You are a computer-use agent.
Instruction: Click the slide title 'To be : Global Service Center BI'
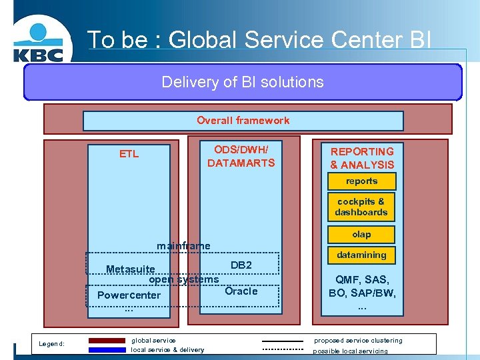pyautogui.click(x=259, y=40)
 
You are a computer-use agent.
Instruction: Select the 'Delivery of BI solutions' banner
pyautogui.click(x=243, y=82)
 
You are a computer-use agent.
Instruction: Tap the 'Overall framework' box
pyautogui.click(x=243, y=121)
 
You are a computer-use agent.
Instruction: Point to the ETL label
pyautogui.click(x=129, y=154)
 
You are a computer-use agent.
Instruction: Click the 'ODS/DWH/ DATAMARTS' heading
pyautogui.click(x=241, y=156)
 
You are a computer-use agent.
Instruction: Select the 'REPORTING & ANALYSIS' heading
pyautogui.click(x=362, y=158)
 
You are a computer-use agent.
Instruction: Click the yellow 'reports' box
pyautogui.click(x=361, y=181)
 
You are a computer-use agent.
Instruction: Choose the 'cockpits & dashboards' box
pyautogui.click(x=361, y=207)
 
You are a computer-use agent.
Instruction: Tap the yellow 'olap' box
pyautogui.click(x=361, y=235)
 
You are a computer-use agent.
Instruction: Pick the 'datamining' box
pyautogui.click(x=361, y=255)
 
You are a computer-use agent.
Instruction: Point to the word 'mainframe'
pyautogui.click(x=183, y=246)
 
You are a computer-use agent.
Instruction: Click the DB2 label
pyautogui.click(x=241, y=265)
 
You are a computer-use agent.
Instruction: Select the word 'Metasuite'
pyautogui.click(x=131, y=269)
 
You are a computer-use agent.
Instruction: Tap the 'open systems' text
pyautogui.click(x=183, y=280)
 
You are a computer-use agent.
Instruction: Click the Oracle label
pyautogui.click(x=241, y=291)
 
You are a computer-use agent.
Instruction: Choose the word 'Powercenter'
pyautogui.click(x=129, y=295)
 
